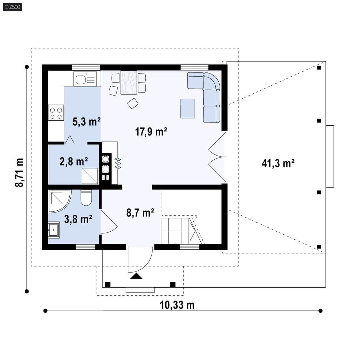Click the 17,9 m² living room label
pyautogui.click(x=151, y=132)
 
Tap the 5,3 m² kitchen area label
pyautogui.click(x=86, y=122)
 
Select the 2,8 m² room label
pyautogui.click(x=73, y=161)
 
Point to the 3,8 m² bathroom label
pyautogui.click(x=78, y=219)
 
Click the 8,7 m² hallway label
pyautogui.click(x=140, y=212)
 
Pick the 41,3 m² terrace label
pyautogui.click(x=278, y=163)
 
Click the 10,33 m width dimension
pyautogui.click(x=177, y=305)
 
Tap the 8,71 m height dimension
pyautogui.click(x=19, y=172)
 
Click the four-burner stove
pyautogui.click(x=56, y=112)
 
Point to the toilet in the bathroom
pyautogui.click(x=86, y=198)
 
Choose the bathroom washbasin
pyautogui.click(x=54, y=230)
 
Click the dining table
pyautogui.click(x=129, y=82)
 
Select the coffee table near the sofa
pyautogui.click(x=187, y=108)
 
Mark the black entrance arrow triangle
pyautogui.click(x=136, y=276)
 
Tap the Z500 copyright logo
pyautogui.click(x=12, y=7)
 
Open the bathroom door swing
pyautogui.click(x=109, y=221)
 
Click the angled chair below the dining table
pyautogui.click(x=133, y=103)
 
